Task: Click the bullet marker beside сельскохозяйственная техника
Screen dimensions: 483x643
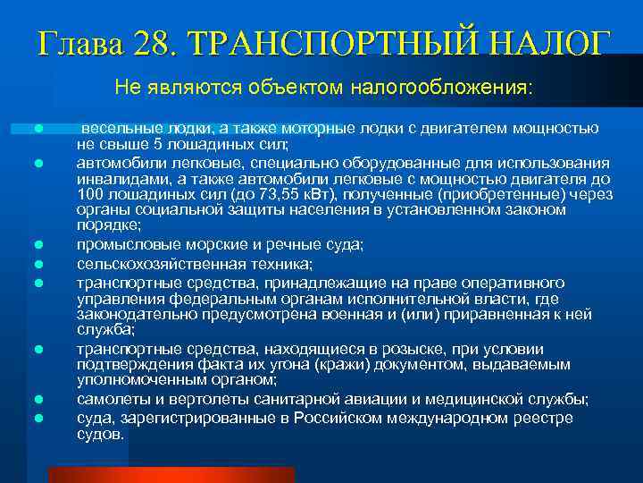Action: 39,264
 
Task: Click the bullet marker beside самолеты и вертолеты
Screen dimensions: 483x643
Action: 39,399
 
